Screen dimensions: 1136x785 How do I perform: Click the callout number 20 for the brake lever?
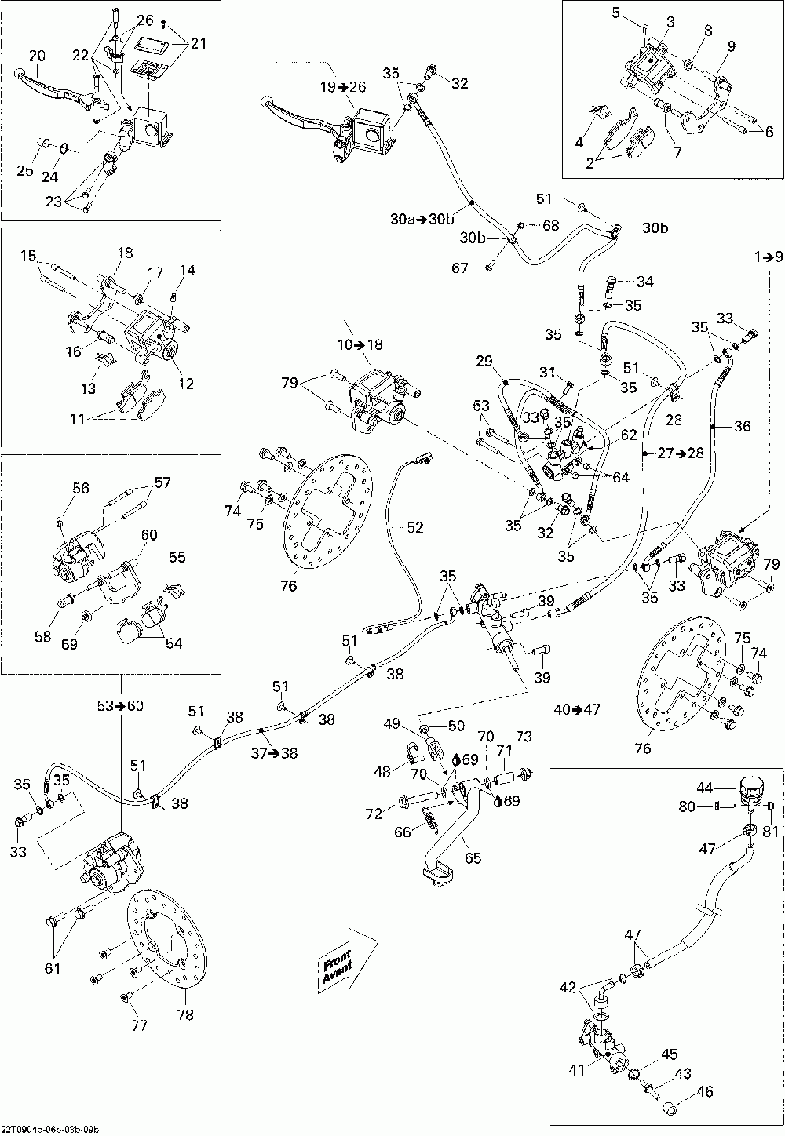click(x=37, y=55)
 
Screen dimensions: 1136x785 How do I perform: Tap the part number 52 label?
click(x=414, y=528)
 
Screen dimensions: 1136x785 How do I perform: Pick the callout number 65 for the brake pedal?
click(x=473, y=857)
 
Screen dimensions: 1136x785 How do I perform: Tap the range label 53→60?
click(x=121, y=705)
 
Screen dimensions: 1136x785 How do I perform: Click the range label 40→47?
click(x=577, y=709)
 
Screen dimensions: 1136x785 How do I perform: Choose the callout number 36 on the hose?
click(x=743, y=427)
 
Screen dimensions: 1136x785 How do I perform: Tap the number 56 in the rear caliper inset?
click(x=81, y=488)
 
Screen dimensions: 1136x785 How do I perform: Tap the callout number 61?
click(x=52, y=968)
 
